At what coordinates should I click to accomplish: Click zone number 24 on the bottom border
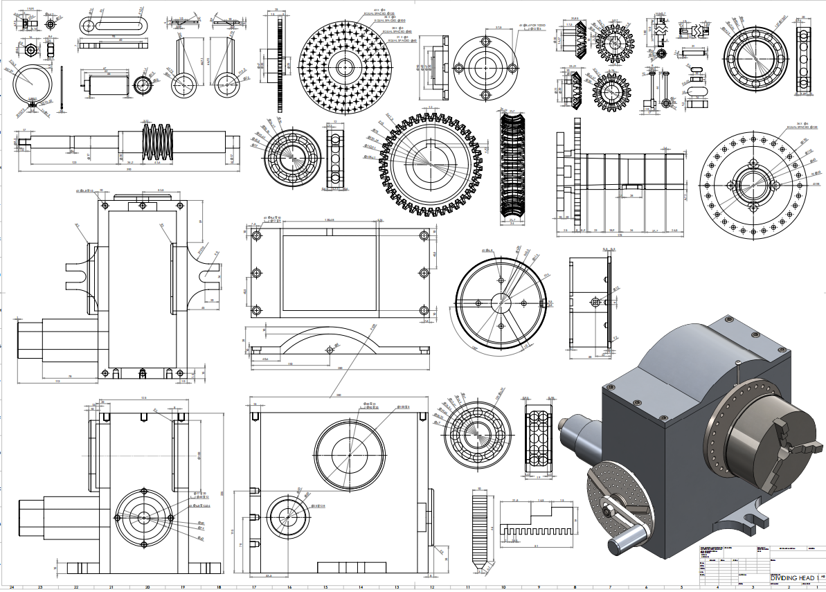(x=11, y=587)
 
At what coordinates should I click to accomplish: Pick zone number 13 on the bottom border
(x=397, y=587)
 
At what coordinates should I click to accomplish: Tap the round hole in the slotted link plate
(x=88, y=26)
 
